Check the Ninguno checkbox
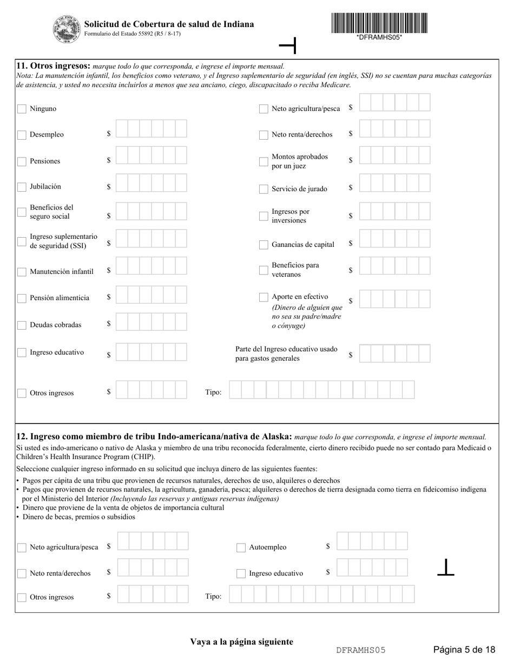(22, 109)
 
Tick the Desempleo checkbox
(22, 135)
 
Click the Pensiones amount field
(151, 156)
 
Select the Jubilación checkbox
(22, 187)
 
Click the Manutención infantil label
(61, 272)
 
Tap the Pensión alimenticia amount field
(151, 295)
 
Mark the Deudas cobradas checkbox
(22, 325)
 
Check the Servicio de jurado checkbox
(263, 189)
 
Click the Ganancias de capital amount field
(394, 239)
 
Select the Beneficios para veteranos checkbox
(263, 270)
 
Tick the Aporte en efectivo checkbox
(263, 297)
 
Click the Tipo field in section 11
(321, 390)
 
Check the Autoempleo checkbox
(241, 547)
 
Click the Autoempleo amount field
(372, 541)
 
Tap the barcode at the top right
(379, 23)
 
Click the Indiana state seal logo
(66, 29)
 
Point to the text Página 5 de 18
(464, 650)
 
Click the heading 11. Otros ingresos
(54, 66)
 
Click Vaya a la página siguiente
(241, 642)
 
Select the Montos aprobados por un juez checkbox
(263, 161)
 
